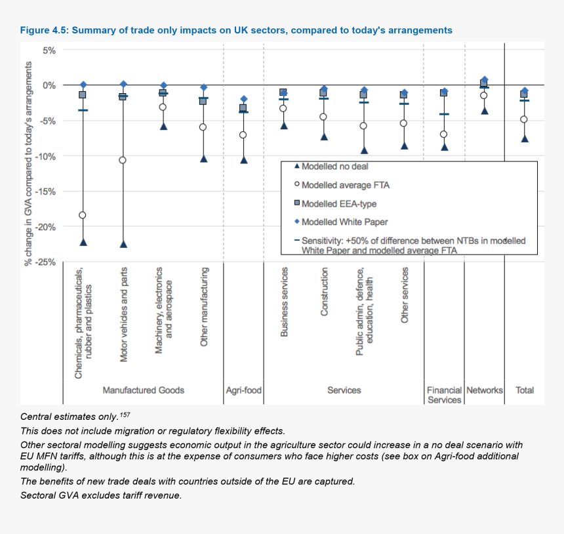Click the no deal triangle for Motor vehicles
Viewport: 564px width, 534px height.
[123, 244]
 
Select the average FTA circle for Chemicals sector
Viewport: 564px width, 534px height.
[83, 215]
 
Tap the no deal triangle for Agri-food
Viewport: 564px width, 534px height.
[244, 159]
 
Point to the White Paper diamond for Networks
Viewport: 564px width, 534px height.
[485, 79]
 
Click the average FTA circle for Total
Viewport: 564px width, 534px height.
[524, 119]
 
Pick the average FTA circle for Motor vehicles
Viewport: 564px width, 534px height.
[123, 160]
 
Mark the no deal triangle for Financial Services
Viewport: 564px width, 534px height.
[445, 147]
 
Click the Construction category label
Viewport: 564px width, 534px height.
[325, 291]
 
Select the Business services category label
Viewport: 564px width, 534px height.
[284, 302]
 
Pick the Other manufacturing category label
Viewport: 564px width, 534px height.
[205, 306]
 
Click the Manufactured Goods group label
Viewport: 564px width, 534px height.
[143, 390]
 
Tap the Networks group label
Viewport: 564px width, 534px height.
[485, 390]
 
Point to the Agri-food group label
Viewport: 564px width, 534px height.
[243, 390]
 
